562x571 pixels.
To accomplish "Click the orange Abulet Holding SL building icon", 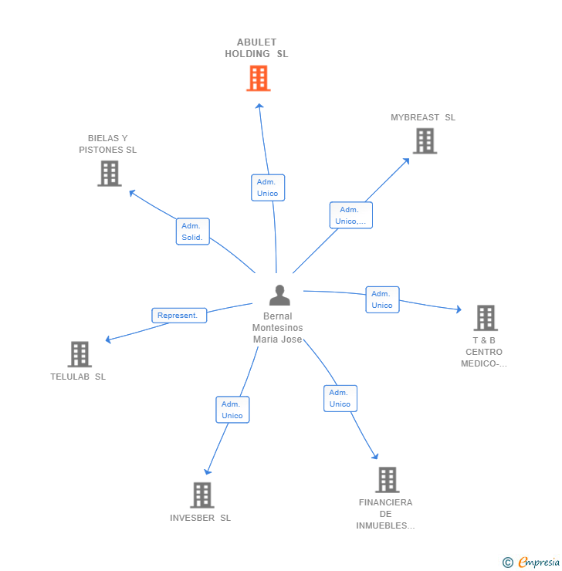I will (x=259, y=78).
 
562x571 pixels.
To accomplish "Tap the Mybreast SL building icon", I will (x=424, y=140).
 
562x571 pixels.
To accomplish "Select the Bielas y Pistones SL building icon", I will (x=110, y=174).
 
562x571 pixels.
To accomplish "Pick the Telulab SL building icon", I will (x=80, y=354).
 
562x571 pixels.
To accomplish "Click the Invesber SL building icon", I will (x=201, y=495).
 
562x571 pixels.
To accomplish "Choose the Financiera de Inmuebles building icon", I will (x=387, y=480).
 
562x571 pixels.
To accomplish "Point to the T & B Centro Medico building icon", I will (x=485, y=318).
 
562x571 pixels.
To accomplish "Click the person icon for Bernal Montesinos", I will (x=279, y=296).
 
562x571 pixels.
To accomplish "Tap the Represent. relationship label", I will (x=179, y=315).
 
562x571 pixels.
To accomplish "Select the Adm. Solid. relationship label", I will (x=192, y=231).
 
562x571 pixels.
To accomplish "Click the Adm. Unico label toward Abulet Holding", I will (x=268, y=188).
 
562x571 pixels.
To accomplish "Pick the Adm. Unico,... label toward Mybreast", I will (x=350, y=215).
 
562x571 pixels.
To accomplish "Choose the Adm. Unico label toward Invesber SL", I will (x=232, y=410).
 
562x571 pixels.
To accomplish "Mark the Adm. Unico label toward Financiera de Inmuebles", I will (x=340, y=398).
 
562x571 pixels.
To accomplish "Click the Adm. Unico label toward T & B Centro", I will (x=382, y=299).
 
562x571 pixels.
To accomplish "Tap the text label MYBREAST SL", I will (x=423, y=117).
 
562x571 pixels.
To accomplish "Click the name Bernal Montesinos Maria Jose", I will (x=278, y=328).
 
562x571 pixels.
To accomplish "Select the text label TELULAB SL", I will (x=78, y=377).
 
